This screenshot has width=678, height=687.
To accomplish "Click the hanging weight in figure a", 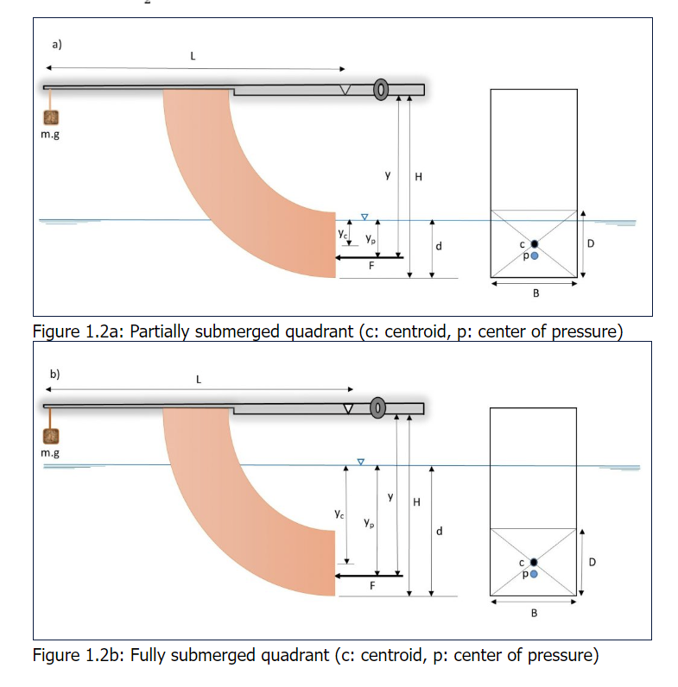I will click(54, 117).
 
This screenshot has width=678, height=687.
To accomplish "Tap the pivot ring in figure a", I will click(380, 90).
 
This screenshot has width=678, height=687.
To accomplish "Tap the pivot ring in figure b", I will click(378, 407).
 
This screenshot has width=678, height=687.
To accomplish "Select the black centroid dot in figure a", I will click(535, 245).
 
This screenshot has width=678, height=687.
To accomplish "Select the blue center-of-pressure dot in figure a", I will click(535, 255).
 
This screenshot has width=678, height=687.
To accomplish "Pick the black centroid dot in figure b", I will click(535, 563).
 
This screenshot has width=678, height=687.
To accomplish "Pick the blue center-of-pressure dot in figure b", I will click(535, 573).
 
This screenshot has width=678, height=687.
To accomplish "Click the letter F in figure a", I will click(371, 267).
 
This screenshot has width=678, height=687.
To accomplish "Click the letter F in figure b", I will click(371, 585).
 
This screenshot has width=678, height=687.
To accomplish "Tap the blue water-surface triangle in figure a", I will click(364, 216).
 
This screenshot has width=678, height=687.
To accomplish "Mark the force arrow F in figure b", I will click(369, 574).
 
